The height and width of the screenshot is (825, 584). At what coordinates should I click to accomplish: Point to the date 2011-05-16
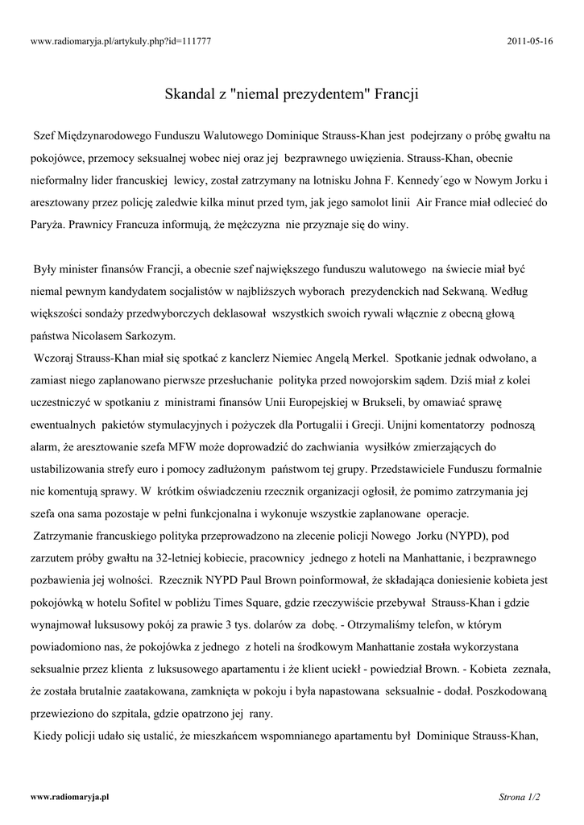532,40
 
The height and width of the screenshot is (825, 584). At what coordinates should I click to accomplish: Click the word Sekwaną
460,288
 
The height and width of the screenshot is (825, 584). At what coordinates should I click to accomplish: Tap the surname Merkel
367,356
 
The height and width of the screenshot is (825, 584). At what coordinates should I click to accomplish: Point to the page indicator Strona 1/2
520,798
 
